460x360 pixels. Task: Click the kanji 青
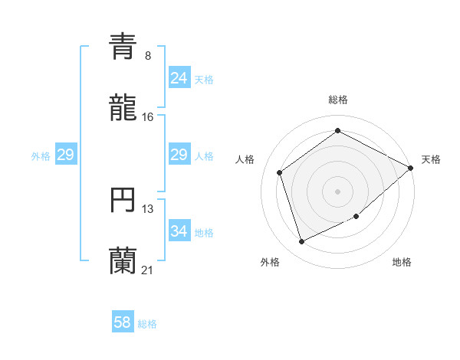tap(123, 47)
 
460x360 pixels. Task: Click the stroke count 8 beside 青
tap(148, 56)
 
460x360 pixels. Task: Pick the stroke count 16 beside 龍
tap(148, 116)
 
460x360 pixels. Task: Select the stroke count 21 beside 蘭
tap(148, 270)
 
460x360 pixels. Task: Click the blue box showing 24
tap(179, 78)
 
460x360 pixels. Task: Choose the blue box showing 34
tap(179, 231)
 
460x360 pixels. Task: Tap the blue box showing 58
tap(123, 322)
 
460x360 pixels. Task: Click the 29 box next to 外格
tap(65, 155)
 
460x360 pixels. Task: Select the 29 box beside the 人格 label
tap(179, 155)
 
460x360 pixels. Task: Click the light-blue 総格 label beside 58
tap(147, 323)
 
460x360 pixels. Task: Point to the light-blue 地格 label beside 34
tap(204, 231)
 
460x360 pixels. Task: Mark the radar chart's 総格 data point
tap(337, 131)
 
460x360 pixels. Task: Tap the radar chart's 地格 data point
tap(356, 218)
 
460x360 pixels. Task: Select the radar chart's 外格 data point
tap(302, 242)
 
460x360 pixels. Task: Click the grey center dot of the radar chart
tap(337, 191)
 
